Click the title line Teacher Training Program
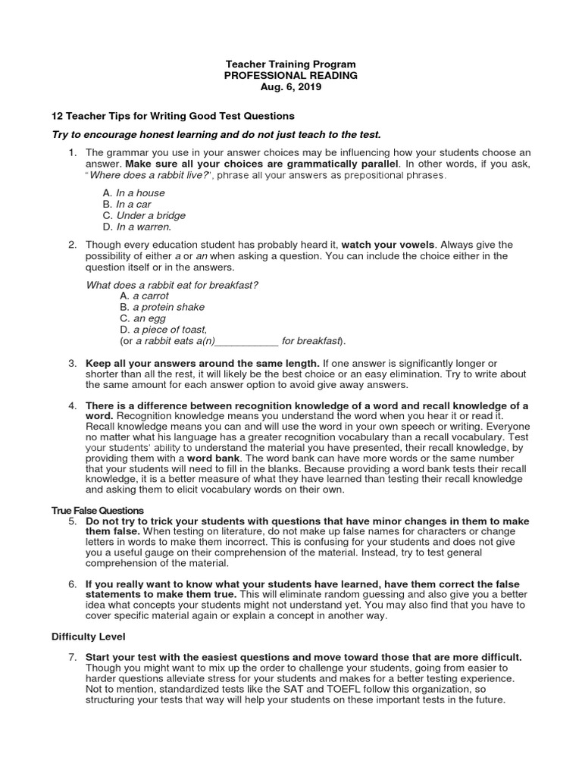290,64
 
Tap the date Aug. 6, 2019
290,87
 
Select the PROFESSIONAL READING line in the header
290,76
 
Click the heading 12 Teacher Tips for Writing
173,116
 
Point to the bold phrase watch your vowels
387,245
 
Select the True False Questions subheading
97,510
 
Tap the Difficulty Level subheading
88,637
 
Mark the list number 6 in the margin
72,584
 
